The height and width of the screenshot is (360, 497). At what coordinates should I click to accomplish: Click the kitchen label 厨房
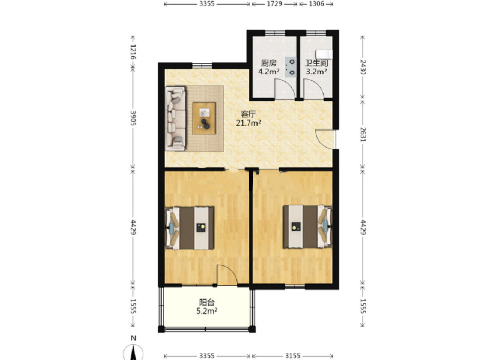point(268,63)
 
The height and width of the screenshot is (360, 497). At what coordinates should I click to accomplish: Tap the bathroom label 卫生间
point(316,63)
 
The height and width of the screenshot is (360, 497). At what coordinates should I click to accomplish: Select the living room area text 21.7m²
point(248,123)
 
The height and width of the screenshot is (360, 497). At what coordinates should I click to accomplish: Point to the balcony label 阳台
point(207,302)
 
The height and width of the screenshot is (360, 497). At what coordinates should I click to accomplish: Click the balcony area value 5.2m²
point(207,311)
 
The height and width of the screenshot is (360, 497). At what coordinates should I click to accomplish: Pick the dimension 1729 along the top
point(274,4)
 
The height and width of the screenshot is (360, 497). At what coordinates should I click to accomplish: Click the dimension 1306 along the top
point(316,4)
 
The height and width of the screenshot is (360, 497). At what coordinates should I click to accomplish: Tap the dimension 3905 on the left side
point(133,118)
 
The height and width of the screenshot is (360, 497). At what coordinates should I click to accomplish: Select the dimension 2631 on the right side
point(363,134)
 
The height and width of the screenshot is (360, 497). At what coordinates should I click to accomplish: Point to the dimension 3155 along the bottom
point(292,356)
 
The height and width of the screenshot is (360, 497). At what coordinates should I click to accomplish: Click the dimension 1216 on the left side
point(133,52)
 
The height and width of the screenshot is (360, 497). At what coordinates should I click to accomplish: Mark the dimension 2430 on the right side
point(363,67)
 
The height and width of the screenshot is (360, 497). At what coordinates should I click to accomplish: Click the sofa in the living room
point(175,119)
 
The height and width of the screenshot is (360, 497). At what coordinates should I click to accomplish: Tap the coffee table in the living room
point(204,118)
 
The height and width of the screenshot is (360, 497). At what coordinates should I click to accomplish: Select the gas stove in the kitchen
point(291,67)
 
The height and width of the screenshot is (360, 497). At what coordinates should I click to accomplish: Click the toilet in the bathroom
point(324,55)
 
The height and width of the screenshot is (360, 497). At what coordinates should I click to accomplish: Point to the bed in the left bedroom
point(189,227)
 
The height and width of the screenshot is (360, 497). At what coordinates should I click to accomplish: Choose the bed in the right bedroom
point(308,227)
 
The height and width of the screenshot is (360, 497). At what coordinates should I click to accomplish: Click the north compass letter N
point(133,338)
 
